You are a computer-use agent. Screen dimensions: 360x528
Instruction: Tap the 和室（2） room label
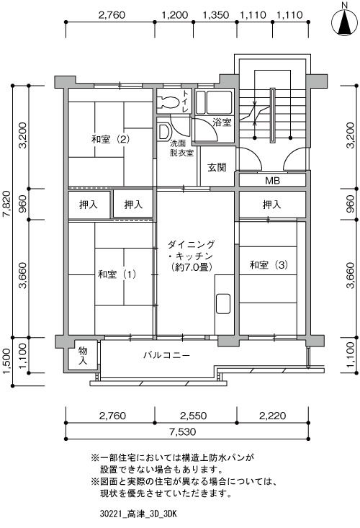tap(110, 139)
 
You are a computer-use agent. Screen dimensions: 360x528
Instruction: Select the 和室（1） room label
tap(117, 274)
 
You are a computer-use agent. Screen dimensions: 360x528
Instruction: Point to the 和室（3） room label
tap(269, 265)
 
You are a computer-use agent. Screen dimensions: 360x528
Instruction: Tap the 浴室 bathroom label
tap(222, 122)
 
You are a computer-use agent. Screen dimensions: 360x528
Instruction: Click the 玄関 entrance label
tap(217, 167)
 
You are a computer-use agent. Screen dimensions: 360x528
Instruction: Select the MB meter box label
tap(273, 181)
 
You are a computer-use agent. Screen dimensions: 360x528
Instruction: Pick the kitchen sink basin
tap(222, 304)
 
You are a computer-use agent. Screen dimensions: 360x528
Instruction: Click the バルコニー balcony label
tap(167, 355)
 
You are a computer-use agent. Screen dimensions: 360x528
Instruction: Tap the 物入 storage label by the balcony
tap(83, 356)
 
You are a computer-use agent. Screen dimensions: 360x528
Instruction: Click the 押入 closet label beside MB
tap(271, 205)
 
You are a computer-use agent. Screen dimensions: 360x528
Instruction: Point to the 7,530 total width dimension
tap(183, 431)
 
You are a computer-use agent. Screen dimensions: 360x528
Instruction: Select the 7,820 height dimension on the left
tap(7, 205)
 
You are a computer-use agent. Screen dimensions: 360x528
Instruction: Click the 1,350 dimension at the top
tap(216, 15)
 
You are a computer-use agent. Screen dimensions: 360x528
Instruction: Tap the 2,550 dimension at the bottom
tap(194, 416)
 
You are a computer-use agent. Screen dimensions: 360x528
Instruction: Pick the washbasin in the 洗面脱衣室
tap(163, 132)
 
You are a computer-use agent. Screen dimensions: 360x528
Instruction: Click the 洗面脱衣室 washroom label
tap(181, 148)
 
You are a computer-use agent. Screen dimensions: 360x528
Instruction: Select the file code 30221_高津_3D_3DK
tap(138, 514)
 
